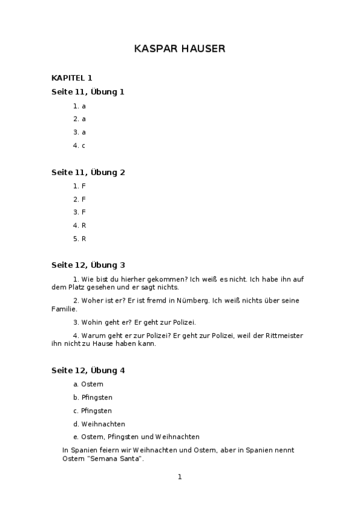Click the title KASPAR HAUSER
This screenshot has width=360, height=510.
tap(180, 49)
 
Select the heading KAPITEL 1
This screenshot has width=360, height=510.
tap(72, 78)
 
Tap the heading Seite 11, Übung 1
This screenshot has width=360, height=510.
tap(88, 92)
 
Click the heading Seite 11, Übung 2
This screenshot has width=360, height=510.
tap(88, 172)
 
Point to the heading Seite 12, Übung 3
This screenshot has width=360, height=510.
tap(88, 265)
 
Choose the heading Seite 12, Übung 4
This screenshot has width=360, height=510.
tap(88, 370)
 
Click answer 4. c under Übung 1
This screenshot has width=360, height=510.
tap(79, 146)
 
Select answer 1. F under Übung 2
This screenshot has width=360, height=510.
tap(79, 186)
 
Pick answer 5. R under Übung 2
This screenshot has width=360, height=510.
tap(79, 239)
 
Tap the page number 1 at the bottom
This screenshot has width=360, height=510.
tap(179, 477)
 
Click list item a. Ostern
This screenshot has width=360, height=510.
tap(88, 384)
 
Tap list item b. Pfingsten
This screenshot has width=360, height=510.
tap(93, 398)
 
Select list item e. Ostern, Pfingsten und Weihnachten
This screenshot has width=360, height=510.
tap(136, 437)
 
